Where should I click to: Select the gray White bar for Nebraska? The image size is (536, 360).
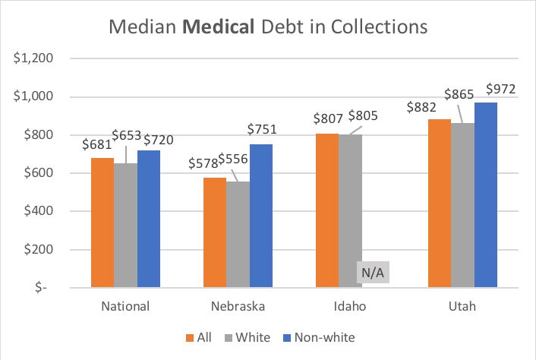(x=237, y=235)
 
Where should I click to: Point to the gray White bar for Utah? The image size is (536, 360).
(x=463, y=205)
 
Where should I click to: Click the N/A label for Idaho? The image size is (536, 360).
(x=373, y=273)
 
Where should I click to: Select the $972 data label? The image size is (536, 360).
(x=501, y=89)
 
